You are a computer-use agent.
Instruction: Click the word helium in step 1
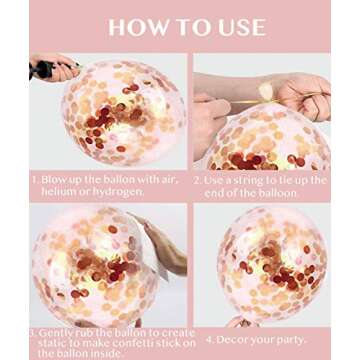(x=57, y=192)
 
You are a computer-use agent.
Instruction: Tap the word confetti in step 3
(x=122, y=343)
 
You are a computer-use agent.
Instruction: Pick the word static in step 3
(x=52, y=343)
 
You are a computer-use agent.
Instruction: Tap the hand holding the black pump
(x=55, y=68)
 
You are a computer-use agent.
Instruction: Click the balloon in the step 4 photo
(x=272, y=264)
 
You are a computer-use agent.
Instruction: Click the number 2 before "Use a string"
(x=197, y=181)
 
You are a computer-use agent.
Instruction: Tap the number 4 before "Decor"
(x=209, y=340)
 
